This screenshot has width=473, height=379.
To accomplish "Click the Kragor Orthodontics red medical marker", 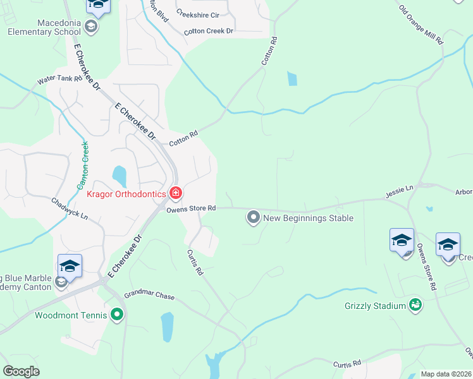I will click(x=175, y=193).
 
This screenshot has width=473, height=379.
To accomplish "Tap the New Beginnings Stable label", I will click(x=308, y=219).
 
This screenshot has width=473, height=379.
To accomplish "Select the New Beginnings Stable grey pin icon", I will click(x=254, y=218).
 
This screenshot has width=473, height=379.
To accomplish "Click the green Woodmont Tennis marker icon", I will click(x=117, y=314).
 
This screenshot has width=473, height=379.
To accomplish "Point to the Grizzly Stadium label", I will click(x=375, y=306).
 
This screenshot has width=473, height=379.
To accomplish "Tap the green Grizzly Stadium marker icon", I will click(x=415, y=306).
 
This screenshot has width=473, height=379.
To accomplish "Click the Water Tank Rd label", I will click(x=60, y=80).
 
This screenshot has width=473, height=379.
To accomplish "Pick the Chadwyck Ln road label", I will click(x=70, y=208).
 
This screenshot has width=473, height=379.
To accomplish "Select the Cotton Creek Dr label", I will click(x=209, y=31).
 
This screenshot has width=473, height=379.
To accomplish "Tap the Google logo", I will click(x=21, y=371).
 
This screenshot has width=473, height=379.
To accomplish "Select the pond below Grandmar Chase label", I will click(x=167, y=327).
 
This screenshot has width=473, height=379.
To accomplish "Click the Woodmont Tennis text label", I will click(x=70, y=315).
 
